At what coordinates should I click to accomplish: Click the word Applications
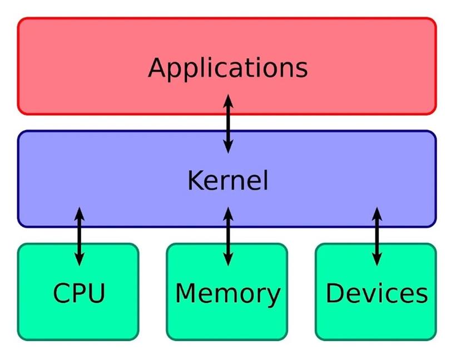227,69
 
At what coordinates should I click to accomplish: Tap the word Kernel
227,180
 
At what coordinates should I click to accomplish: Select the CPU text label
79,293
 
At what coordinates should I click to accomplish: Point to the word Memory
227,294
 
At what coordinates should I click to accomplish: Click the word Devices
377,293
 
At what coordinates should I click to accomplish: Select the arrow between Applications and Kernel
229,124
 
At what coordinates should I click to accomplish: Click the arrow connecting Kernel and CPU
80,236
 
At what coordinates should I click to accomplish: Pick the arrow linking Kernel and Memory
229,236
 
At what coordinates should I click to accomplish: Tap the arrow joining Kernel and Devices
377,236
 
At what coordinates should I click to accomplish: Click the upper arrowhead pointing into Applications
229,101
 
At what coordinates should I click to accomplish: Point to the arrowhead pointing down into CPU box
80,259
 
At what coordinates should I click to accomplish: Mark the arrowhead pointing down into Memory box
229,259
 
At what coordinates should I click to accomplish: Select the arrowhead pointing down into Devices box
377,259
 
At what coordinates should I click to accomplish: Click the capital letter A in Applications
158,67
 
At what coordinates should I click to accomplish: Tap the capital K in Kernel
196,180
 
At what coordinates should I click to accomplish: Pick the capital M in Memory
186,293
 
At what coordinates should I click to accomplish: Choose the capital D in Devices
335,293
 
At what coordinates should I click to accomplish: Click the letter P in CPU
79,293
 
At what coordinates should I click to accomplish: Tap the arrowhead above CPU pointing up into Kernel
80,213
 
